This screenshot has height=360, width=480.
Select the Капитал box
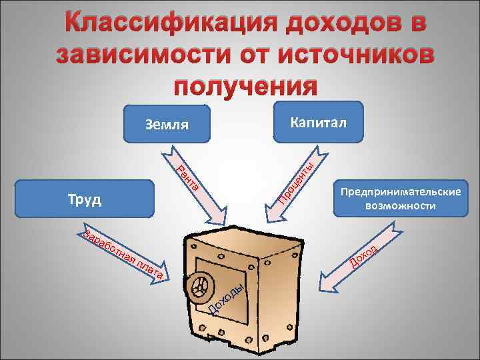coord(318,122)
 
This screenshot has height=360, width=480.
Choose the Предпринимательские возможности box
coord(400,199)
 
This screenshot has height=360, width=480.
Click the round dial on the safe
coord(199,288)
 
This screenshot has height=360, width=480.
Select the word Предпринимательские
coord(400,192)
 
